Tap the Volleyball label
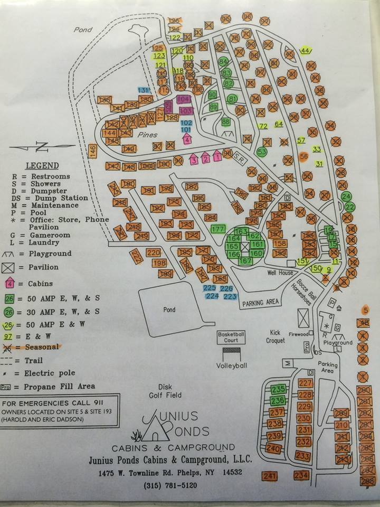point(232,365)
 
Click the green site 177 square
point(218,229)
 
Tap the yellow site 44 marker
point(305,51)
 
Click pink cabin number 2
point(205,158)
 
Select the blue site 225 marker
point(210,288)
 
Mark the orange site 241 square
point(269,476)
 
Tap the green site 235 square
point(278,390)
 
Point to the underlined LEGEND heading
point(43,165)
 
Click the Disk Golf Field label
point(166,391)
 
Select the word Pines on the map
point(148,135)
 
